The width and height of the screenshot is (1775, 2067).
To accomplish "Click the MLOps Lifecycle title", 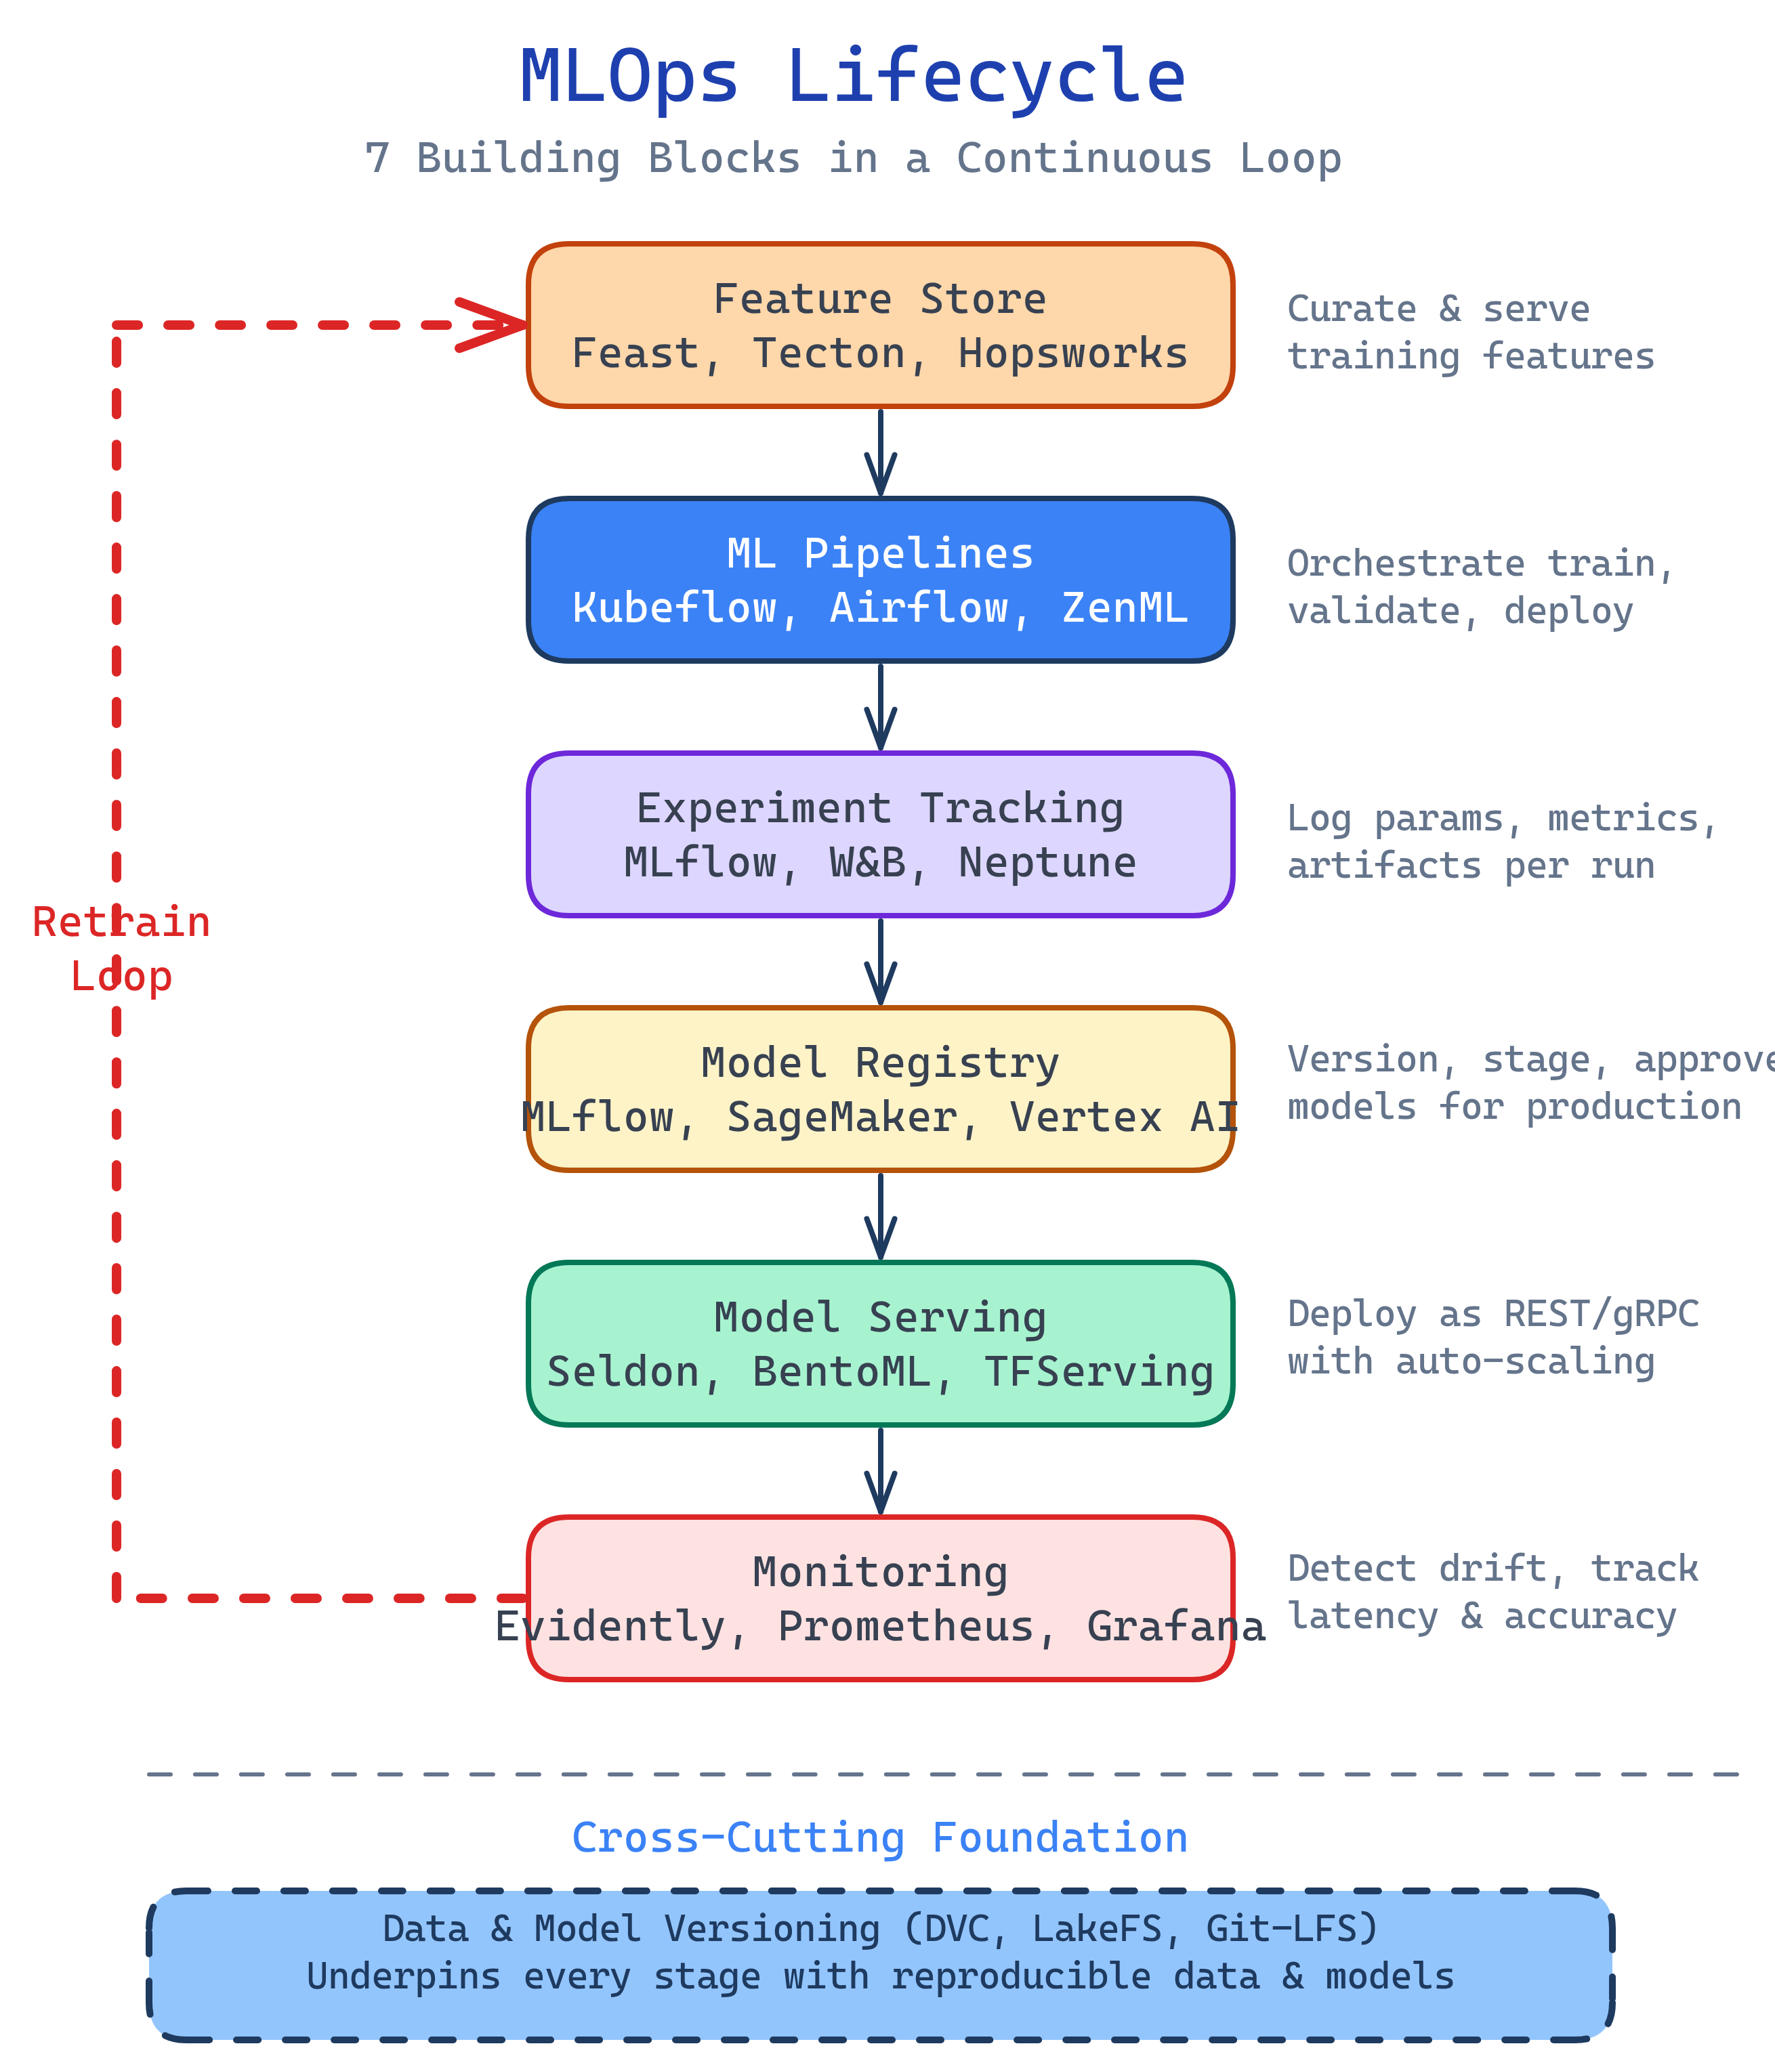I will [852, 77].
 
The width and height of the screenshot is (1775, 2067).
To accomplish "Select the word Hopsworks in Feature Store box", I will [1072, 353].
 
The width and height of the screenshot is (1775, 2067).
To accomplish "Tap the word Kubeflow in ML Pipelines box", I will [675, 608].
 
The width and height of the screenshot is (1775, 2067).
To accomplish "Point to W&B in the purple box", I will [867, 863].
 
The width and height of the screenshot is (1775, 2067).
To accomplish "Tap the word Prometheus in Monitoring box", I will [905, 1627].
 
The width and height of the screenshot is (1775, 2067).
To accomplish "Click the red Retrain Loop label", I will [121, 949].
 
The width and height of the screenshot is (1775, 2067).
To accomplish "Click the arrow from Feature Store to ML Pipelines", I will [880, 452].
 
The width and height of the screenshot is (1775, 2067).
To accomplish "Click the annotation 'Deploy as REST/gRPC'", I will [1492, 1314].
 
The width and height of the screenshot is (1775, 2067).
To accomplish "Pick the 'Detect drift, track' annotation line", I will [1492, 1569].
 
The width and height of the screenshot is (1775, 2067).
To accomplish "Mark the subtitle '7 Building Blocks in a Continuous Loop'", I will [852, 158].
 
